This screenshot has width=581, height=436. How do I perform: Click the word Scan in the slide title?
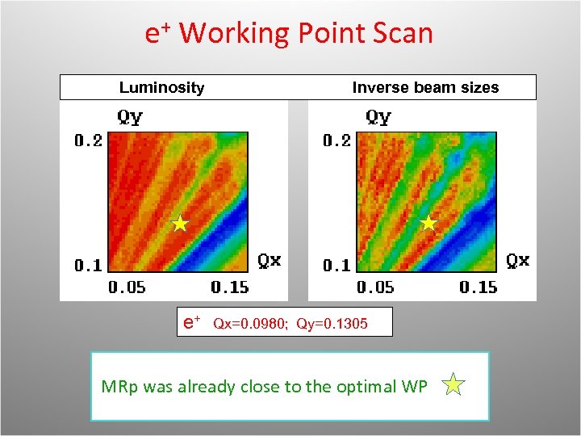[x=403, y=33]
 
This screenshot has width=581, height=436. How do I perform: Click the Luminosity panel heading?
[x=161, y=87]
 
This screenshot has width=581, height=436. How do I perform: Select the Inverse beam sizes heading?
[x=425, y=87]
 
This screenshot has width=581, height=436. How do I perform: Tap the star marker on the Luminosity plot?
[x=180, y=224]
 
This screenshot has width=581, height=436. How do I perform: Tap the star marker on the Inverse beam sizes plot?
[x=428, y=223]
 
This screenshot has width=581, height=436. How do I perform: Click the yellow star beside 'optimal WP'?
[x=454, y=385]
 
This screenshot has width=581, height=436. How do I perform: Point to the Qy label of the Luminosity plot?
[x=130, y=117]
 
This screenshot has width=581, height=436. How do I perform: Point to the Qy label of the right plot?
[x=378, y=117]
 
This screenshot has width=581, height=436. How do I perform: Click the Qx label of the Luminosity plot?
[x=270, y=260]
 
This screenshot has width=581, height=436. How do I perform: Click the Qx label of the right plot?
[x=518, y=260]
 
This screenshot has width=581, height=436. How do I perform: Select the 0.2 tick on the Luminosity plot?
[x=89, y=141]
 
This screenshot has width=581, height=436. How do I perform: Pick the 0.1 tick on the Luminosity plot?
[x=89, y=265]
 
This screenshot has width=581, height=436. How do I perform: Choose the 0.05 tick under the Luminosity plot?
[x=127, y=287]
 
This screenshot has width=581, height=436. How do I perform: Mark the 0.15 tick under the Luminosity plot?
[x=230, y=287]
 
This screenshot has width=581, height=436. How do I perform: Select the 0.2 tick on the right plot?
[x=337, y=141]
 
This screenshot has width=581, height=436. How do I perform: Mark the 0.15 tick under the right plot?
[x=479, y=287]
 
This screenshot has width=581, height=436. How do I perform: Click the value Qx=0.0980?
[x=249, y=324]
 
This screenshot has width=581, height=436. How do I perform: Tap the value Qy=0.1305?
[x=332, y=324]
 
